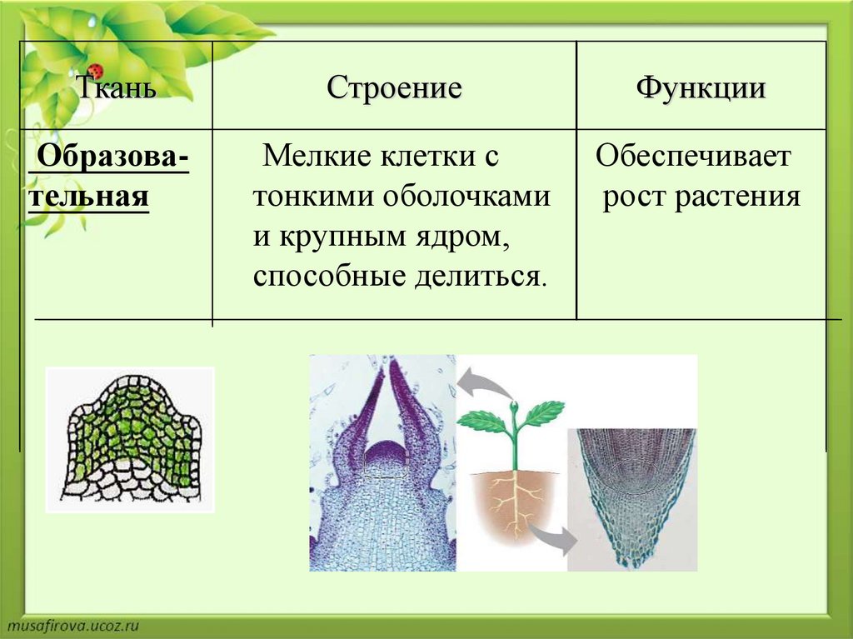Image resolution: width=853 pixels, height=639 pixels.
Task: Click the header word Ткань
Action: coord(115,87)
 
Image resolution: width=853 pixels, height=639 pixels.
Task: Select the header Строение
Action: coord(394,87)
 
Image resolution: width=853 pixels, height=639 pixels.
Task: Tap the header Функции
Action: coord(701,88)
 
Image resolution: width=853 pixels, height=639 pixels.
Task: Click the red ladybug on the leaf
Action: coord(97,71)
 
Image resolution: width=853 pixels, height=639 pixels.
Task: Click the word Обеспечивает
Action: coord(693,157)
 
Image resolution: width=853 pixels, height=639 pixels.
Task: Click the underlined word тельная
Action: coord(88,196)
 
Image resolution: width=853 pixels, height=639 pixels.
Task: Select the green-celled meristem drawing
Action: coord(131,439)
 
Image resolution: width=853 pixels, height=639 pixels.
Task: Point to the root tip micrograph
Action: coord(632,499)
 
